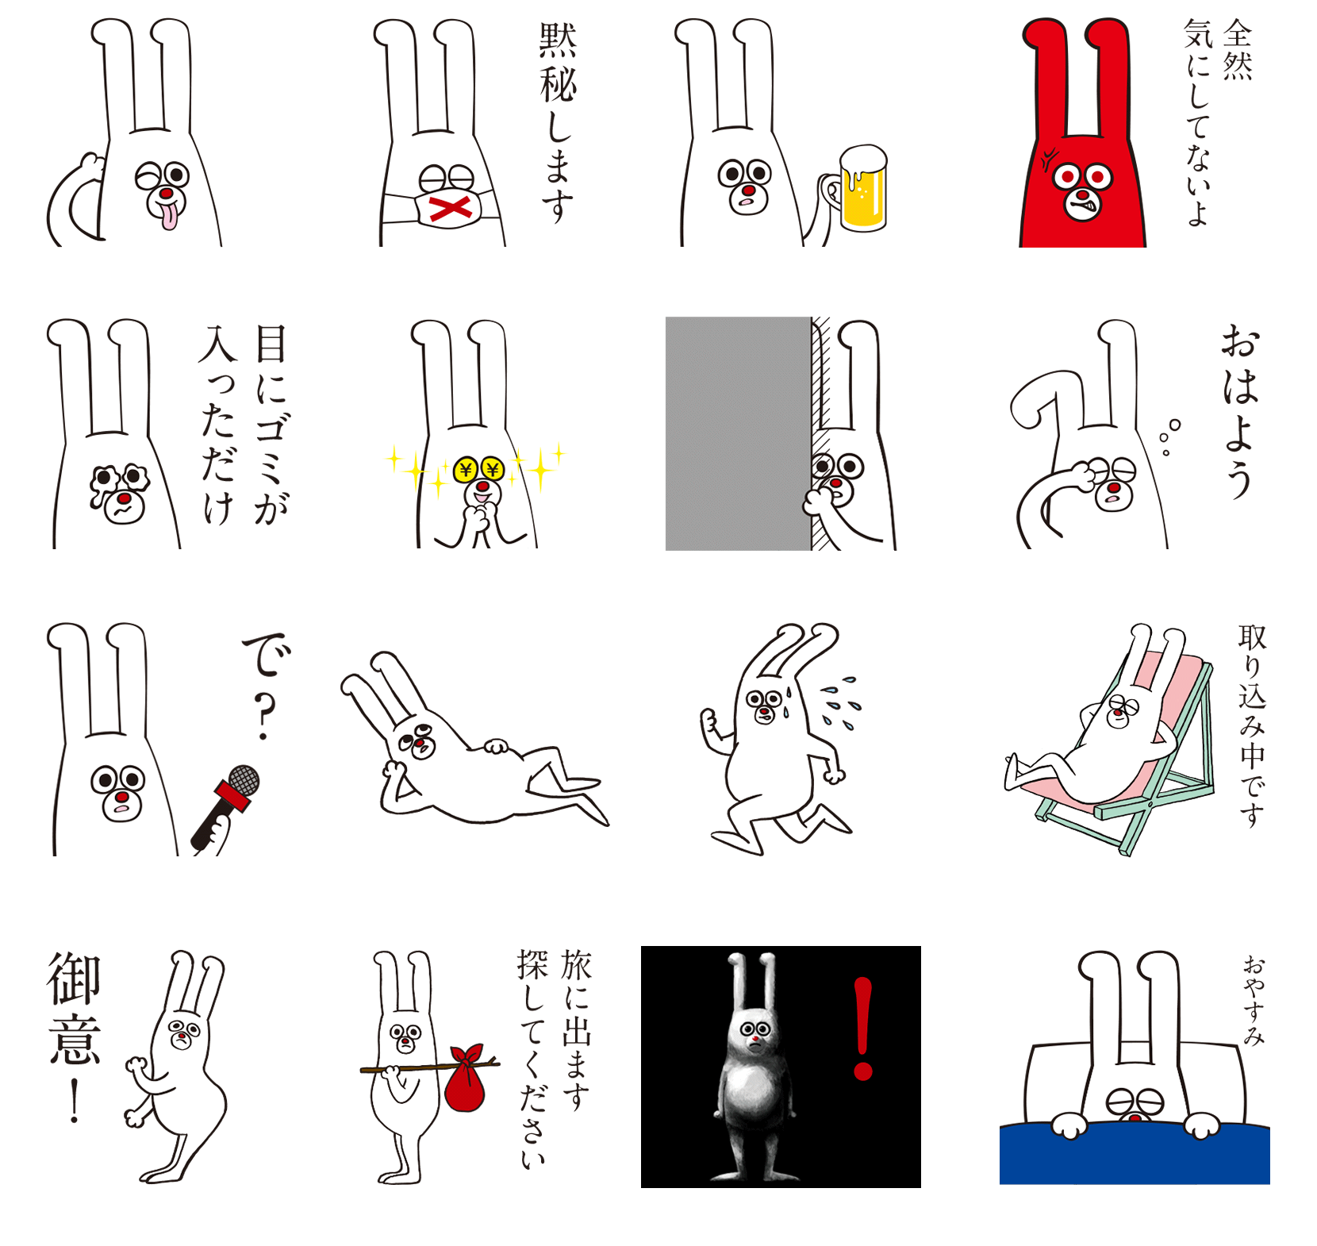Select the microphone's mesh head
(x=244, y=779)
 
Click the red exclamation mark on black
(x=863, y=1029)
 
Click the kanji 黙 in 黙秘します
(x=558, y=40)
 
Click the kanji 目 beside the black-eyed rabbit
(x=271, y=344)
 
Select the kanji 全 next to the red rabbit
(x=1238, y=33)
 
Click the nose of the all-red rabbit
(x=1082, y=194)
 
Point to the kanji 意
(x=75, y=1038)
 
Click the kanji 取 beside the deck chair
(x=1253, y=637)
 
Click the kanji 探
(x=533, y=964)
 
